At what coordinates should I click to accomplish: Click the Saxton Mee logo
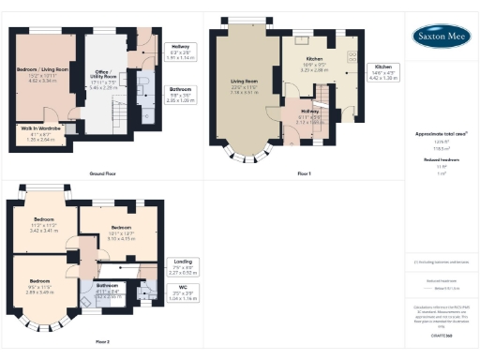click(442, 36)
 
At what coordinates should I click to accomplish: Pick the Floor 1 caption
click(303, 173)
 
